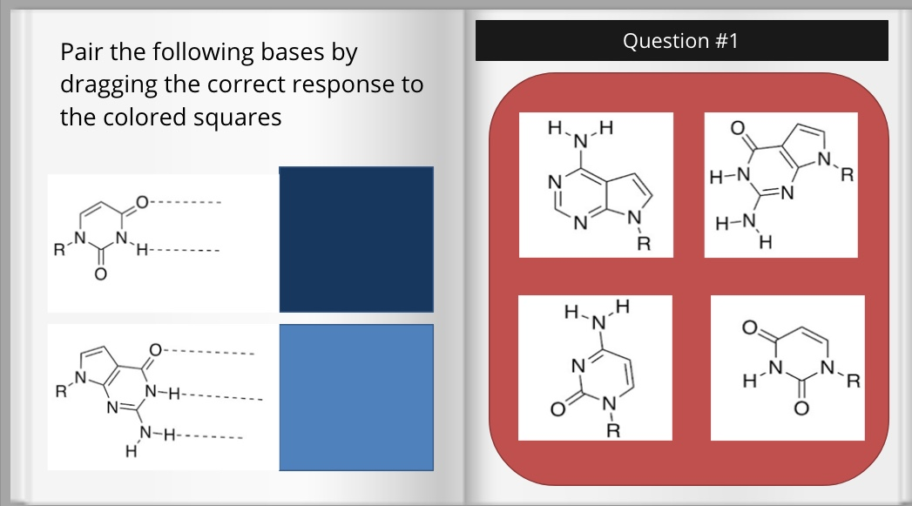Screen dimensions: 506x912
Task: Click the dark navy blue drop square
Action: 355,240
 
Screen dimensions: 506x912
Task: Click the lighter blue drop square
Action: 355,398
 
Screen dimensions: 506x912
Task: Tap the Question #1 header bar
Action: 681,41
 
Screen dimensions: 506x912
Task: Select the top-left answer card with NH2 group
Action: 596,185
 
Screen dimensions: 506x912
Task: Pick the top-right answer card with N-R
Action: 780,185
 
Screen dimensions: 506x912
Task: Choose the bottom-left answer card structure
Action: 595,368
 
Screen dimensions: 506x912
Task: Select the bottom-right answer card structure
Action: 787,368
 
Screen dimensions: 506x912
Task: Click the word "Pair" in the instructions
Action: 82,52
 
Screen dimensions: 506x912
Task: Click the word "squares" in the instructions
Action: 238,117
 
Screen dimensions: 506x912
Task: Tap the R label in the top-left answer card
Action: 645,243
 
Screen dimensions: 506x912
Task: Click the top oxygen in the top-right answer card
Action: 736,129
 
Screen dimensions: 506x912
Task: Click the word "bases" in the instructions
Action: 291,52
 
